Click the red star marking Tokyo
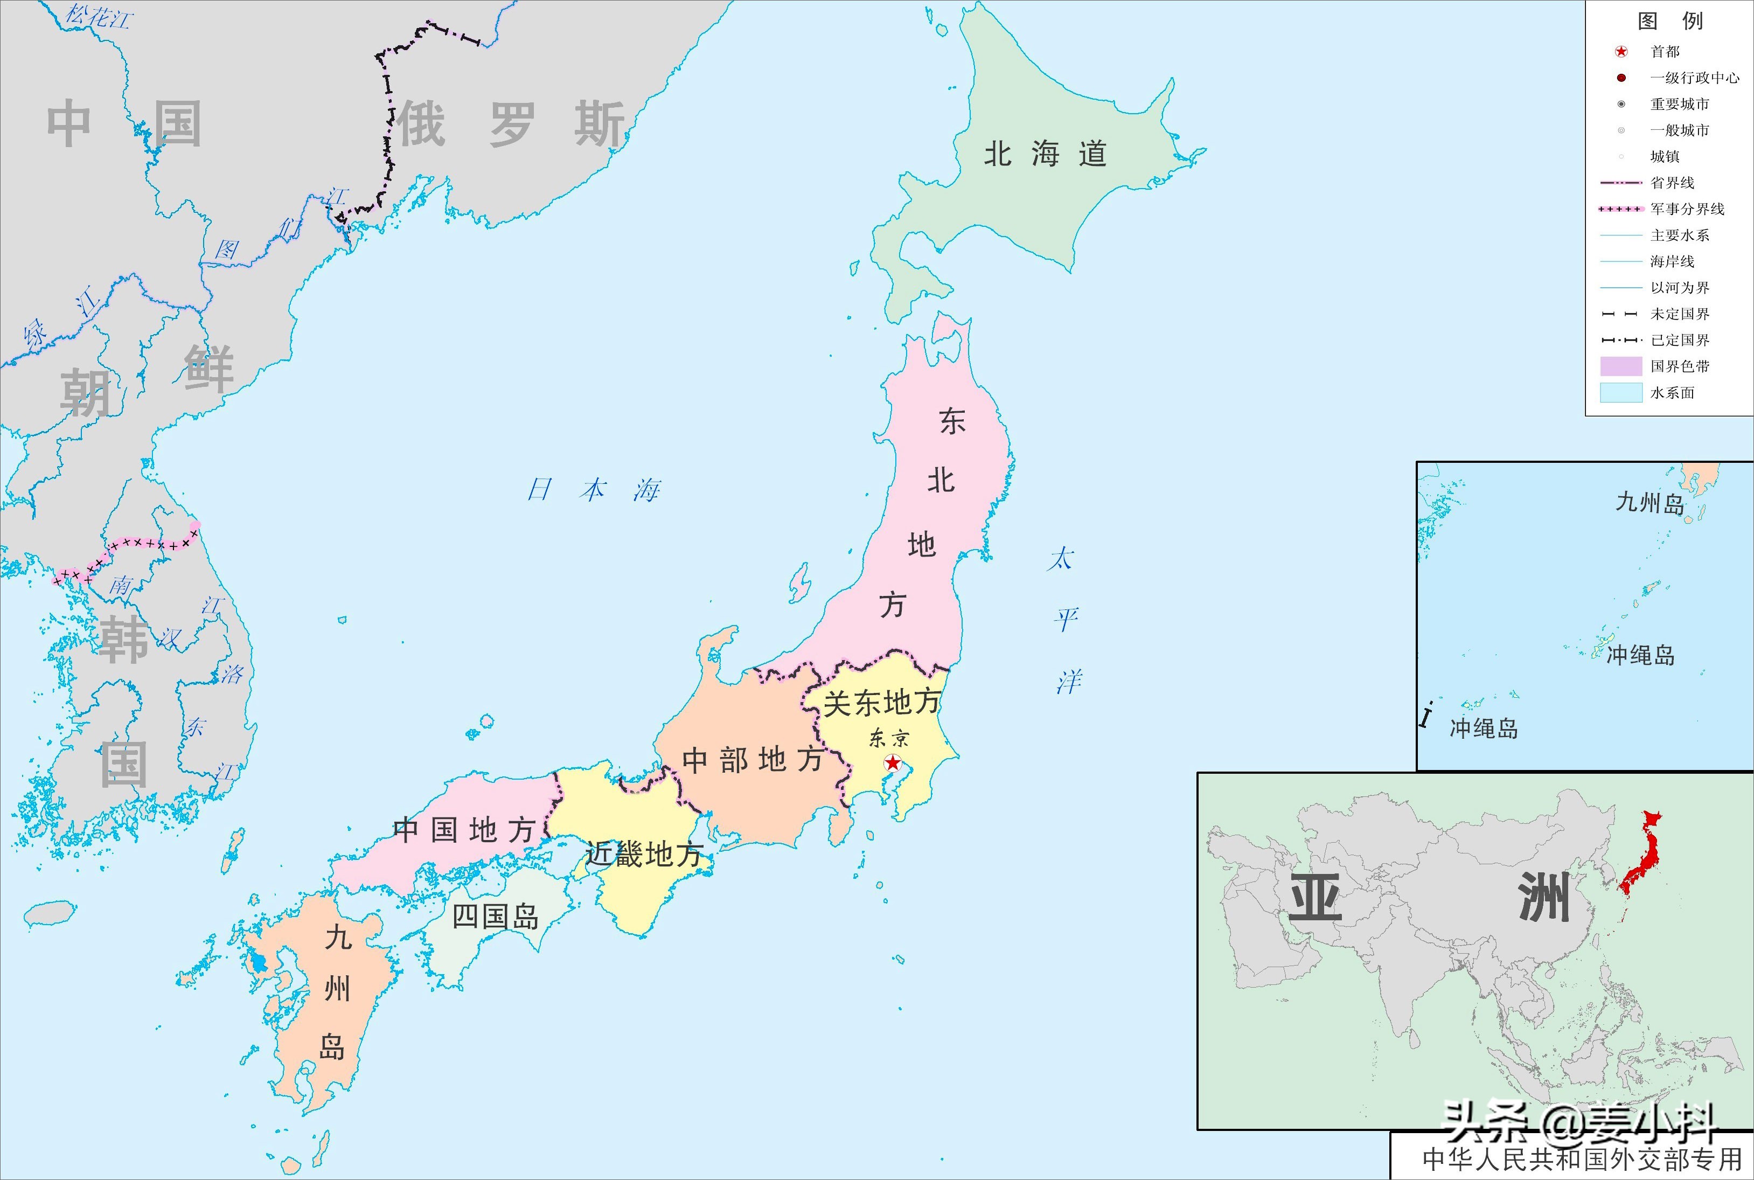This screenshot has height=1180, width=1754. [893, 763]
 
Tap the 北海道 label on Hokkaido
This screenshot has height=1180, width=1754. [1045, 154]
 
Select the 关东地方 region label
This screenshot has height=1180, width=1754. [882, 702]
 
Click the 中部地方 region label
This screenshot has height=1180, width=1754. [751, 760]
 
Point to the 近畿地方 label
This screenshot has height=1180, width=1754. [644, 854]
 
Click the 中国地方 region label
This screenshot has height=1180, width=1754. [463, 830]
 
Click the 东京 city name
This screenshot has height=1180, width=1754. [889, 738]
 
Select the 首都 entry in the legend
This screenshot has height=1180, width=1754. [1665, 52]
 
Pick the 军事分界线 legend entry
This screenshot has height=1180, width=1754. [1687, 209]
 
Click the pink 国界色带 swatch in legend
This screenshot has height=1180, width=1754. [1620, 366]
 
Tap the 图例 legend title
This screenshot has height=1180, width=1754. [1670, 20]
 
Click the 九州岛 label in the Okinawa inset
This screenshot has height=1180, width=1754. [1649, 502]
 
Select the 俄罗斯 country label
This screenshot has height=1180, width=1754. [512, 124]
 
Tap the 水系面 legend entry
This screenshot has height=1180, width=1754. [1672, 393]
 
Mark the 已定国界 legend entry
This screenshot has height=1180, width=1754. [1680, 340]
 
